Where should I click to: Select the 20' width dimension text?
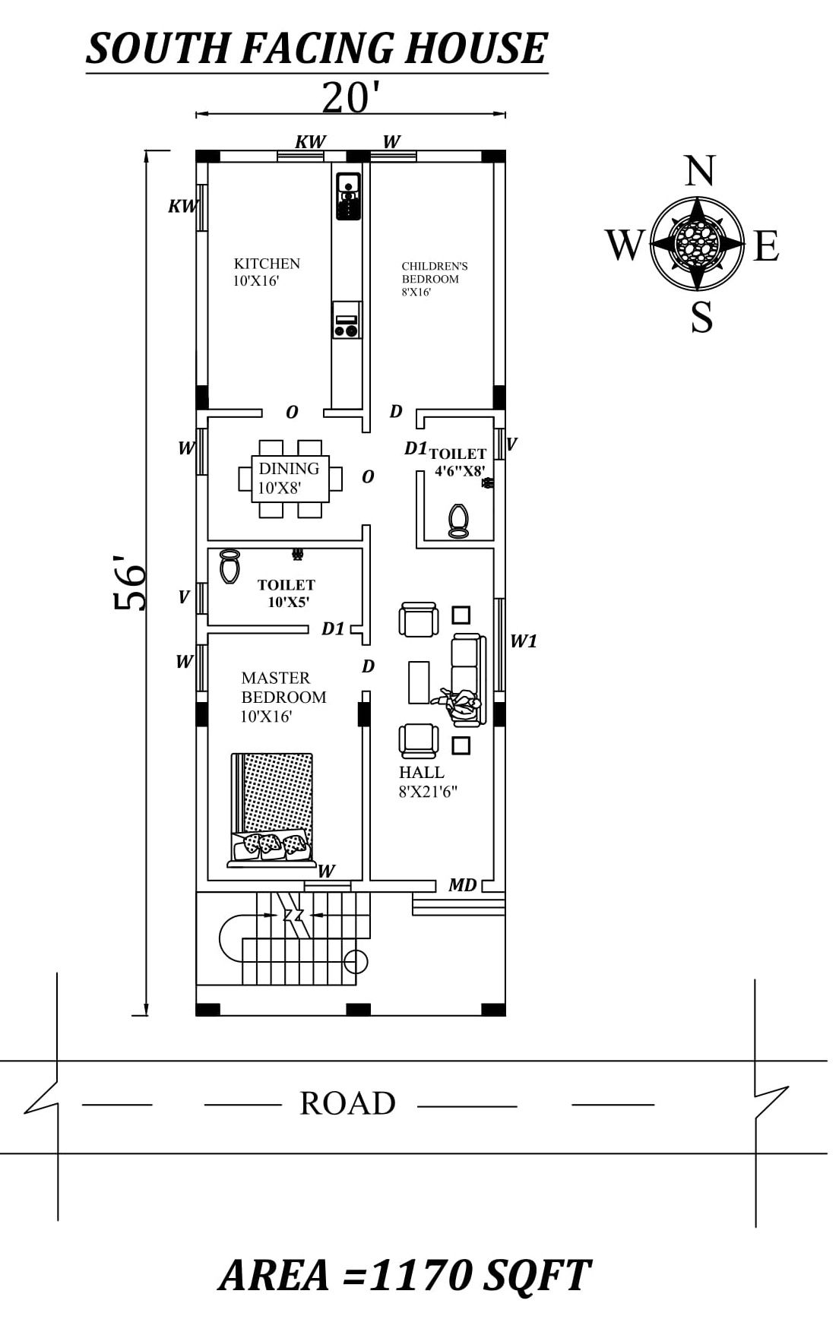coord(350,97)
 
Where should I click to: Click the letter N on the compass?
coord(699,171)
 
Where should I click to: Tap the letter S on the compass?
coord(701,317)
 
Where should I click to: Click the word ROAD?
coord(347,1103)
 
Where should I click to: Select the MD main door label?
coord(462,884)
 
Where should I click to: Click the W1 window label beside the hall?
coord(523,641)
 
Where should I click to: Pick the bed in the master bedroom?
coord(272,810)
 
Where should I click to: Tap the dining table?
coord(291,479)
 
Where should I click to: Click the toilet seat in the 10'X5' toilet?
coord(229,566)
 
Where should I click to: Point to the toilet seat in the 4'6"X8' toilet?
coord(458,521)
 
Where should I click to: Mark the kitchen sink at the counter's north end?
coord(347,197)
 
